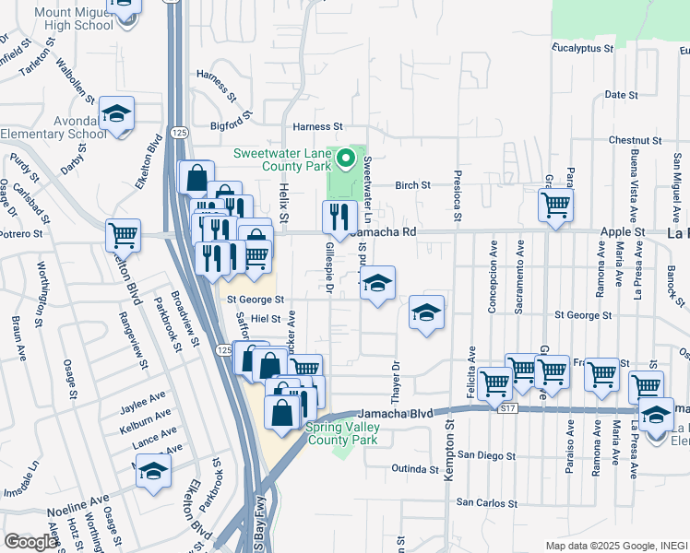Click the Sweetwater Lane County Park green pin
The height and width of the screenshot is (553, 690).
347,159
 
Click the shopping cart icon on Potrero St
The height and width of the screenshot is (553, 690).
123,235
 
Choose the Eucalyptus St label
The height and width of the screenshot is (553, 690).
583,47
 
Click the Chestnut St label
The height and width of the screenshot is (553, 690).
632,140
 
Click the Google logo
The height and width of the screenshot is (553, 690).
31,542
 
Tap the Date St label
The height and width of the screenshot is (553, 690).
621,95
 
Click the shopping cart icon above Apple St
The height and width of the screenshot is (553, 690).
555,204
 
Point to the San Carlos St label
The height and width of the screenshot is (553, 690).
487,503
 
